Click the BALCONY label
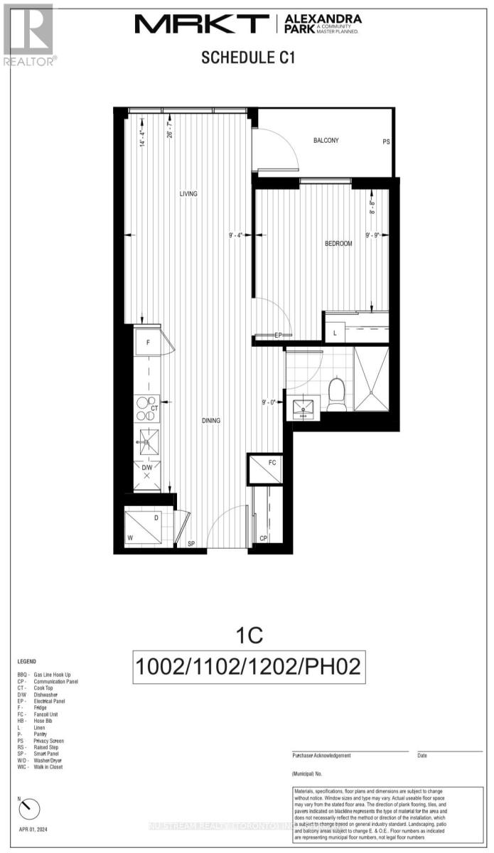[326, 141]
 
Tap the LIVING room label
[188, 194]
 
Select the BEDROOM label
[338, 244]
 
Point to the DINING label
[210, 420]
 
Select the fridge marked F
[148, 342]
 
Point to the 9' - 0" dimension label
[269, 403]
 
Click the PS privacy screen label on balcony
[387, 142]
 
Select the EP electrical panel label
[279, 336]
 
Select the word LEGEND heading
[29, 660]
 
